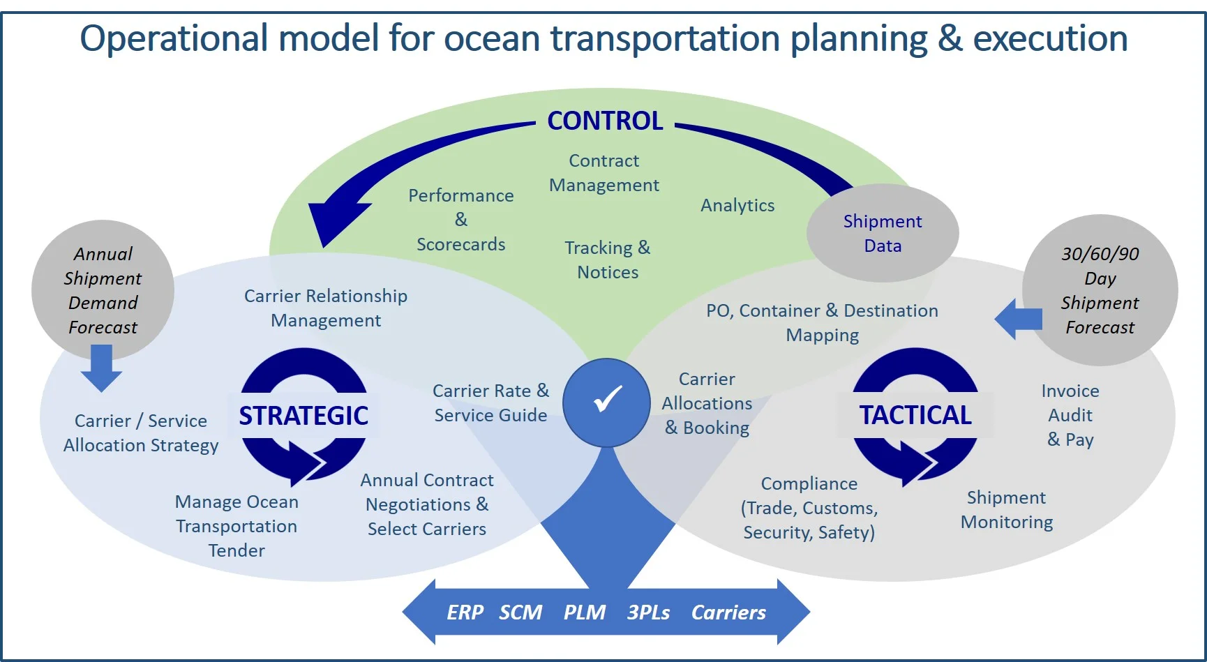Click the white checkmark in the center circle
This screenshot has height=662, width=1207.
point(607,400)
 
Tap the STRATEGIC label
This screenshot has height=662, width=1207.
point(303,416)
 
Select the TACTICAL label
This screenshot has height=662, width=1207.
point(915,415)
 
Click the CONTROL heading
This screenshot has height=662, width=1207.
point(605,121)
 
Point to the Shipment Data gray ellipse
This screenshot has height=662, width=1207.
point(883,233)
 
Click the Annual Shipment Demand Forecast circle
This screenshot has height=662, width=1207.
point(103,290)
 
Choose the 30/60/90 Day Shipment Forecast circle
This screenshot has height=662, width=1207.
point(1100,290)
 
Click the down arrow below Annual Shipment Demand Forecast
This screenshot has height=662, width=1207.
point(101,368)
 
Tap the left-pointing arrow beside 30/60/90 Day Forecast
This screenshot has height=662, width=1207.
point(1018,319)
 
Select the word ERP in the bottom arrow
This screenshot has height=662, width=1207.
point(465,612)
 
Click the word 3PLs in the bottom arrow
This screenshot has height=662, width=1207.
point(648,612)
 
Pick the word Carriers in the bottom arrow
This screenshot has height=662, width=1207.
point(728,612)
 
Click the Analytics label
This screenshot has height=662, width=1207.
point(737,205)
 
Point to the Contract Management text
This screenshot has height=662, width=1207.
point(604,173)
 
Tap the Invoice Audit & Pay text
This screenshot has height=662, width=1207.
point(1070,415)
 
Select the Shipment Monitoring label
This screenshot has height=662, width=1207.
point(1006,510)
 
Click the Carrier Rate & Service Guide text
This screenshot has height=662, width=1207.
point(490,403)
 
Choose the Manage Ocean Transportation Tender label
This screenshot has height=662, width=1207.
point(237,526)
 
